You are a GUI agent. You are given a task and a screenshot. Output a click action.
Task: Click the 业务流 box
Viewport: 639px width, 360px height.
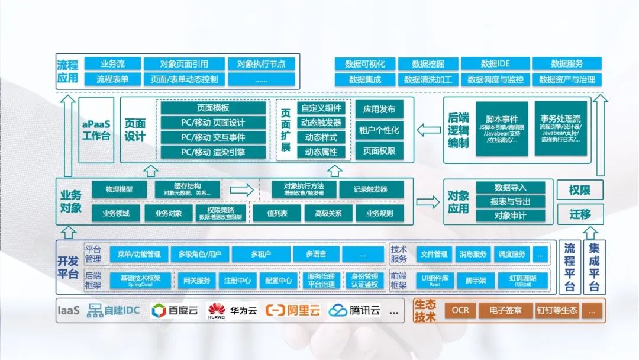112,64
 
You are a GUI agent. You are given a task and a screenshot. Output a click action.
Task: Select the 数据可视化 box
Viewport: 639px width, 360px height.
364,64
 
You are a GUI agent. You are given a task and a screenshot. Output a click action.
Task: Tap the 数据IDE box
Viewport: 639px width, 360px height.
495,64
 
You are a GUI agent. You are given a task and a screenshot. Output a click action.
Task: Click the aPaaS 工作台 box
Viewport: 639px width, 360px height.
96,130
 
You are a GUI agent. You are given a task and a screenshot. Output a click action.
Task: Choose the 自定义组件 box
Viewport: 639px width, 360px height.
321,108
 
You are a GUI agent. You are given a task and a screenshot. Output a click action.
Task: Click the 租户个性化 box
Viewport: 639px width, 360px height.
379,130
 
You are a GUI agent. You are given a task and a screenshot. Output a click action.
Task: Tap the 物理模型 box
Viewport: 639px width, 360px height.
119,189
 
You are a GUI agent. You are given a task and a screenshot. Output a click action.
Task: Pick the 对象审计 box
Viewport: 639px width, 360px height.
510,216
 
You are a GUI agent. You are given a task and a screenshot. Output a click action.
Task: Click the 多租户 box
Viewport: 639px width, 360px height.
261,255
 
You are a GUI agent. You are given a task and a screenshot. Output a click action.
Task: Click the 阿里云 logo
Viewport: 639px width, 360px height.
292,310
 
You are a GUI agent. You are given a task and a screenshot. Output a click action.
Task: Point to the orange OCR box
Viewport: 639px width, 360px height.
460,310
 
